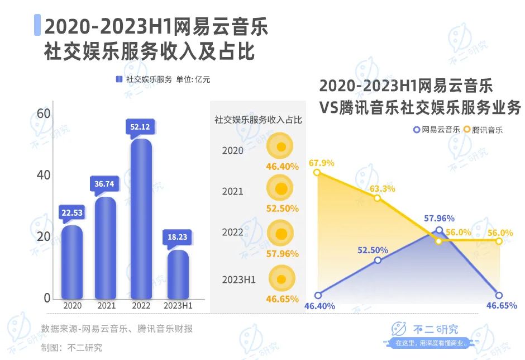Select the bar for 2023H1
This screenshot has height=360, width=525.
point(178,274)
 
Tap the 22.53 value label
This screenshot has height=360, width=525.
point(72,212)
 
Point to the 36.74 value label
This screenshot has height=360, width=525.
point(104,183)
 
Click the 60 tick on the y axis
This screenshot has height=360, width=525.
point(44,114)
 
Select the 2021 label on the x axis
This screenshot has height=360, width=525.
point(106,306)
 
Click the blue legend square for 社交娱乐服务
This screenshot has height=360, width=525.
point(118,79)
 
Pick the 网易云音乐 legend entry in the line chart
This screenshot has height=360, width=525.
point(436,130)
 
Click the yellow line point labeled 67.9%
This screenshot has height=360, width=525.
point(318,173)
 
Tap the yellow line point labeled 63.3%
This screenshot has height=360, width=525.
point(378,198)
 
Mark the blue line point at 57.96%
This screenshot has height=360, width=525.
point(439,230)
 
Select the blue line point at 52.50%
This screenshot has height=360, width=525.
point(378,260)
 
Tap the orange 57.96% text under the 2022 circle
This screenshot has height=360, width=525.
point(282,253)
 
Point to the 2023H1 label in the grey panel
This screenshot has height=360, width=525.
point(238,280)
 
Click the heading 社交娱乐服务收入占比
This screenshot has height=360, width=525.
point(258,119)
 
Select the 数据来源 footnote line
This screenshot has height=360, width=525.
point(117,329)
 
